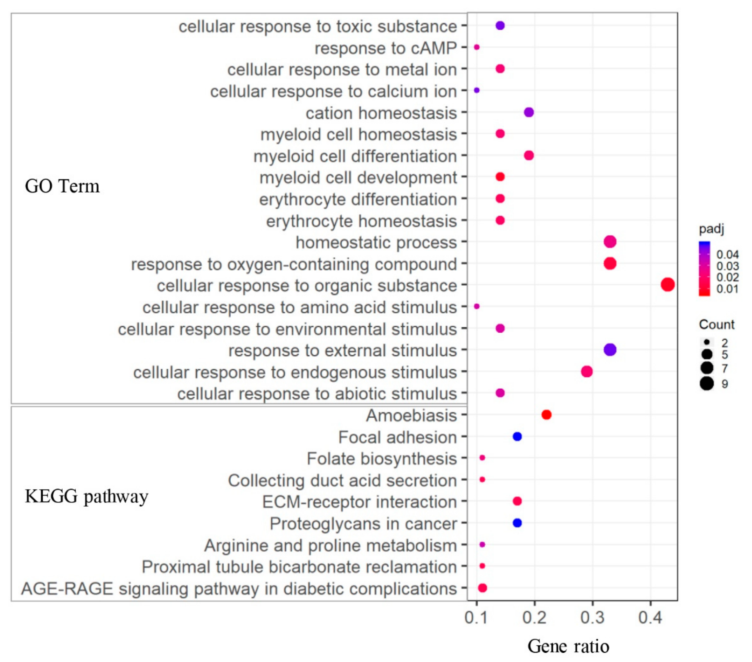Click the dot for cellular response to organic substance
point(667,285)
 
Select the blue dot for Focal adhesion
point(517,436)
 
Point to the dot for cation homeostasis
point(529,112)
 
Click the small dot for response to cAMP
point(477,47)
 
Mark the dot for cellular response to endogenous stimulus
point(587,371)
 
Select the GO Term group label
point(62,186)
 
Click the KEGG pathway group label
point(86,496)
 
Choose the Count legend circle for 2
point(707,342)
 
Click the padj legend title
point(711,229)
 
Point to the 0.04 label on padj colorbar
point(727,255)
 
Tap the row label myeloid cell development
point(358,178)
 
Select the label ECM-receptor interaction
point(359,502)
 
